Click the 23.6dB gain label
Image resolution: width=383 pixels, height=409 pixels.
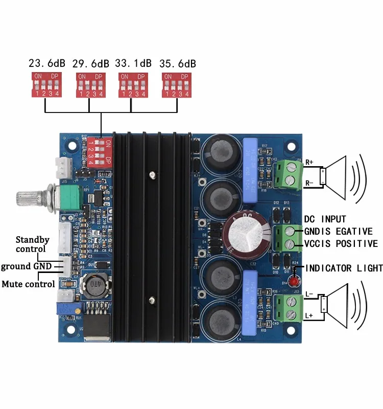tap(47, 64)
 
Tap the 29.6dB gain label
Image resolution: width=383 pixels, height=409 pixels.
tap(90, 64)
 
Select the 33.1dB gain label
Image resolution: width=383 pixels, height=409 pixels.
tap(134, 64)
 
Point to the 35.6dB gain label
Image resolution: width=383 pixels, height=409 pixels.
tap(178, 64)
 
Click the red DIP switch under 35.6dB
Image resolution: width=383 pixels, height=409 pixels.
tap(177, 84)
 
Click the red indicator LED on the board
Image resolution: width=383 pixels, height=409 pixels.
tap(294, 282)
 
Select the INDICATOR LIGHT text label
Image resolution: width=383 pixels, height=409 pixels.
tap(344, 268)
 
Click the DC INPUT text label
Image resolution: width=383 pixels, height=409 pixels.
tap(325, 219)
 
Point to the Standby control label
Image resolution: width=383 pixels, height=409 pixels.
tap(32, 244)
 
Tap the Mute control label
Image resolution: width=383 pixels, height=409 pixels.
tap(28, 284)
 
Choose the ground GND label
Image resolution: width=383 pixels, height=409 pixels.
tap(26, 266)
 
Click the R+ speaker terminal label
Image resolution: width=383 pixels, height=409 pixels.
tap(309, 163)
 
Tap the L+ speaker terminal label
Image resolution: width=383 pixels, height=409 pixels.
tap(309, 316)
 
